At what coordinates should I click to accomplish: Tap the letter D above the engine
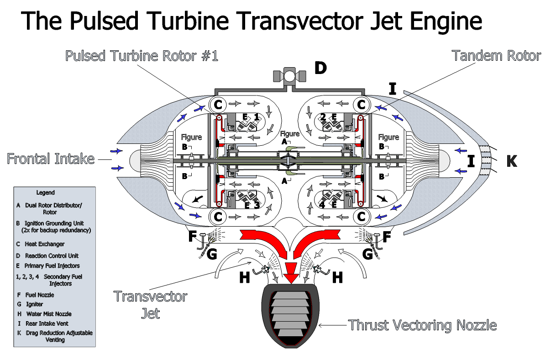(x=320, y=68)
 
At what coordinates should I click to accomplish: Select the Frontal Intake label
(x=51, y=159)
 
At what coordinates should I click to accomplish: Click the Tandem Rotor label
(x=496, y=56)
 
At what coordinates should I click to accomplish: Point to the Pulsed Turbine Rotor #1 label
(x=142, y=56)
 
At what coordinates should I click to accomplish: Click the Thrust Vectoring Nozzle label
(x=422, y=325)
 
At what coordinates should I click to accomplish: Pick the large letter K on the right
(x=512, y=161)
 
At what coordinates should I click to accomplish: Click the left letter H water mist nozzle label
(x=245, y=277)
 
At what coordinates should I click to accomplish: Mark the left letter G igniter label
(x=211, y=254)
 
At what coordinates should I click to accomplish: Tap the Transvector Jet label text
(x=151, y=304)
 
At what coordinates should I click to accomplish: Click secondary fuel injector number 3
(x=257, y=205)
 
